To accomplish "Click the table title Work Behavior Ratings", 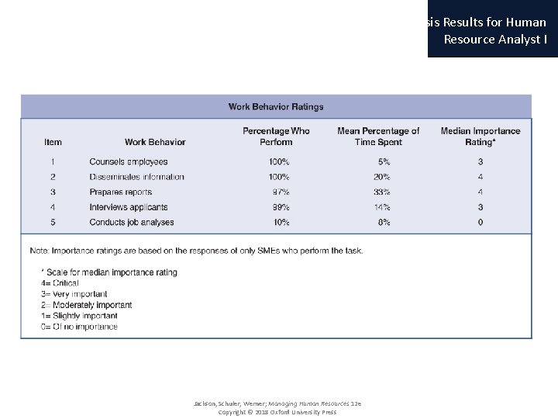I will [276, 107].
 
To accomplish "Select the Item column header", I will [53, 142].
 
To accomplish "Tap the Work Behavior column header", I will [155, 142].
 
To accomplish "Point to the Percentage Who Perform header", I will [276, 137].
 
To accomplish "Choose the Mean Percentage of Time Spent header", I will [378, 137].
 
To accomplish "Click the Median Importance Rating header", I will [480, 137].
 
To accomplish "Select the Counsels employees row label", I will [128, 162].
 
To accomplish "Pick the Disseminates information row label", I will [136, 177].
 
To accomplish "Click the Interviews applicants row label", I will [128, 207].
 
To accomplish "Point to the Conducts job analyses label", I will [131, 222].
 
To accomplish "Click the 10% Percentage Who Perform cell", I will [281, 222].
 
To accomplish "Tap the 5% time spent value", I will [383, 162].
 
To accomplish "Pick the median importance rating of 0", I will [480, 222].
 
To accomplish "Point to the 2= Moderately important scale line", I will [86, 305].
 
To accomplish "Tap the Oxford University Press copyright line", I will [277, 412].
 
